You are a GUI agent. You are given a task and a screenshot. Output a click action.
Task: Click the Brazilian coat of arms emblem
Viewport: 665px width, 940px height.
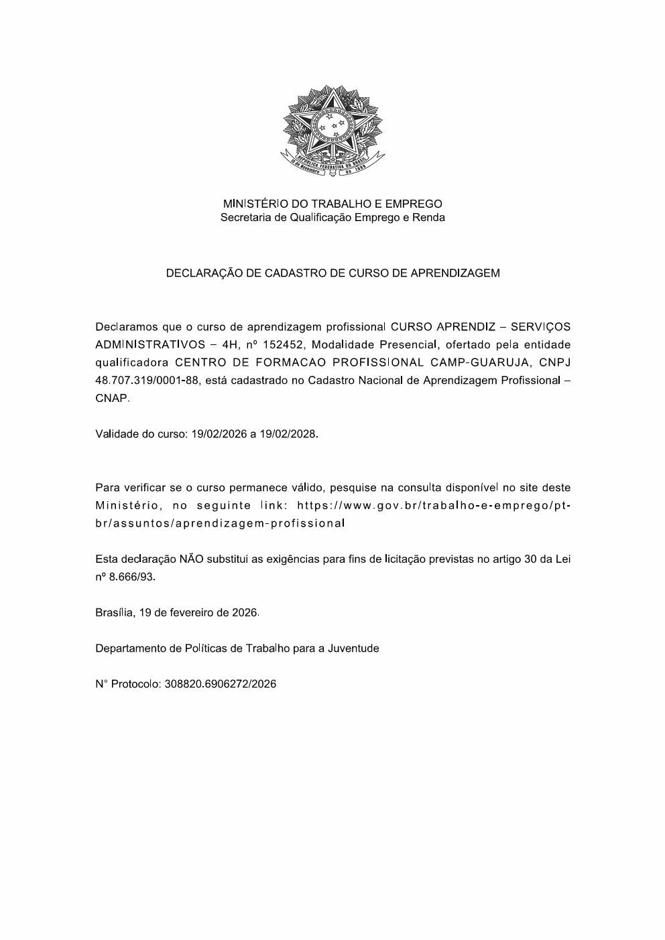point(332,131)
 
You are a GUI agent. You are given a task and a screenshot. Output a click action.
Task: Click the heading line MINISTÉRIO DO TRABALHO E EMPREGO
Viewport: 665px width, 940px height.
point(332,204)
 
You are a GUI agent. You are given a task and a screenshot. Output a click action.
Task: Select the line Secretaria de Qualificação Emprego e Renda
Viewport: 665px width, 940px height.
point(332,218)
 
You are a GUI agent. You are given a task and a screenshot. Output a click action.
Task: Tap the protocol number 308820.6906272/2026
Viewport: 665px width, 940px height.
point(220,684)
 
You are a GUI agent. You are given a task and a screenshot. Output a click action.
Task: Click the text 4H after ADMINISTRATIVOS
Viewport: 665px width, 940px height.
point(231,345)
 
